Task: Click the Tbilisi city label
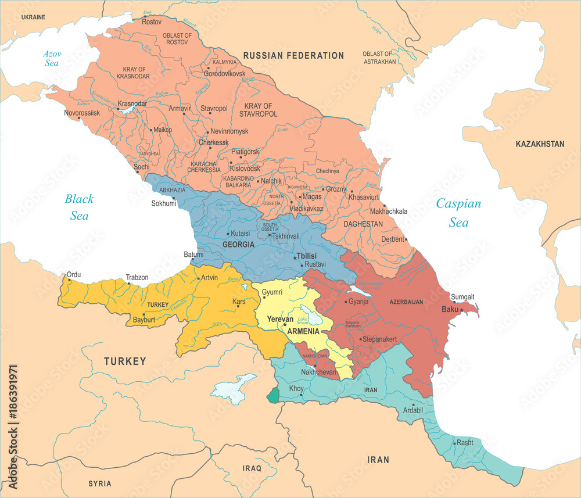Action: (x=308, y=256)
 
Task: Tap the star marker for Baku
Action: (x=462, y=310)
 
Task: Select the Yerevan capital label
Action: (x=280, y=319)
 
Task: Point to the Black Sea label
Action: (x=78, y=207)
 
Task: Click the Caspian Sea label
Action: (x=458, y=213)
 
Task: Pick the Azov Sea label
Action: (x=52, y=59)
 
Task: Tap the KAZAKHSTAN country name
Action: (x=540, y=144)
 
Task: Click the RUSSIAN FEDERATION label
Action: (x=293, y=55)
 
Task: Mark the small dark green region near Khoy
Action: (x=272, y=396)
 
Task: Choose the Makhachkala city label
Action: (x=389, y=211)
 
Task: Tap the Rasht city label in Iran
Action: (x=464, y=442)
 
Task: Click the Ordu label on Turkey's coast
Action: (x=74, y=274)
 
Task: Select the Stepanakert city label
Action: (x=379, y=339)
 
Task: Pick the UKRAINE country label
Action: (x=33, y=17)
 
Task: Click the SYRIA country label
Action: (x=99, y=483)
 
